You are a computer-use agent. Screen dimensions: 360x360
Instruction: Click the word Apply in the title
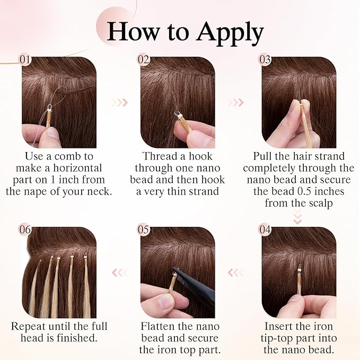[230, 33]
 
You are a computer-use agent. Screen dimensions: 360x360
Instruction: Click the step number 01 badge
[25, 60]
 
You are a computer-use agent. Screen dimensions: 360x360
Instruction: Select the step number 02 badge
[144, 60]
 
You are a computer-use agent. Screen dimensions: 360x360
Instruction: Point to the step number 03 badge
[265, 60]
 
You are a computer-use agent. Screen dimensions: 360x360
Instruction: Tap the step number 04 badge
[265, 230]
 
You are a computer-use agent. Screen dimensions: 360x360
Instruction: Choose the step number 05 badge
[144, 230]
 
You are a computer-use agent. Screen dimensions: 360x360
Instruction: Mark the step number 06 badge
[25, 230]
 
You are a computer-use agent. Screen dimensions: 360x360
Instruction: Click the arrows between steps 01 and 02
[120, 103]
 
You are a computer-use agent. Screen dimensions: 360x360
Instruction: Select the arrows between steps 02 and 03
[236, 103]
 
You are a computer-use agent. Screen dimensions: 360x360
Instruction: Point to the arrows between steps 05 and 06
[120, 273]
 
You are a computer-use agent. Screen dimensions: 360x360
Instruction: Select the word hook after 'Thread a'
[200, 156]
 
